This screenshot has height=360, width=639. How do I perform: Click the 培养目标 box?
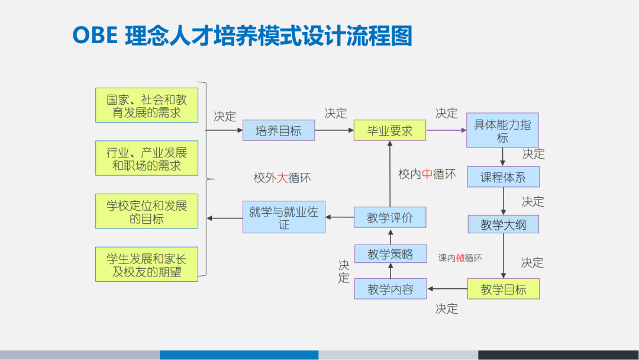click(x=279, y=130)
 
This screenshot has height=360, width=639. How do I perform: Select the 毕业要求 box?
click(x=389, y=130)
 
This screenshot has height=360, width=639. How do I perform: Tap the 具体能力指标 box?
click(x=502, y=130)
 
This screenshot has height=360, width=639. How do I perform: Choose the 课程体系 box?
click(x=502, y=177)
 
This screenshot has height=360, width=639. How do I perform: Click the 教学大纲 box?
click(x=502, y=224)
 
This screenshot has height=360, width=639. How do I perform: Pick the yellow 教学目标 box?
click(x=503, y=289)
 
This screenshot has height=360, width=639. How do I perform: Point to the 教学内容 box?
click(x=390, y=289)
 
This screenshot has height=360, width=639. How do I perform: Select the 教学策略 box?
click(x=390, y=254)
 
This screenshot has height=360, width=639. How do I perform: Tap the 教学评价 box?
click(x=390, y=217)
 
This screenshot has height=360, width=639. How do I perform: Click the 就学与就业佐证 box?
click(x=284, y=217)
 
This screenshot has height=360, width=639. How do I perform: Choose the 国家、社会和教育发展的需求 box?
click(x=147, y=105)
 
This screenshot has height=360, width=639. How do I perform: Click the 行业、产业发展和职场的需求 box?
click(x=147, y=158)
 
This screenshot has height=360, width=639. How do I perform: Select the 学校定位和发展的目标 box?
click(x=147, y=211)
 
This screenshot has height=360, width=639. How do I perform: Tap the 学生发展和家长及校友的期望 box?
click(x=147, y=265)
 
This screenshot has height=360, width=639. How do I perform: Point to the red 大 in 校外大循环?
click(x=282, y=178)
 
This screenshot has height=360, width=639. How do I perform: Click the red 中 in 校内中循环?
click(x=427, y=174)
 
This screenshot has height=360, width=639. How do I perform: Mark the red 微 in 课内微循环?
click(x=460, y=258)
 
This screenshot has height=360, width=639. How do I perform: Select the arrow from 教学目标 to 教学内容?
click(x=447, y=289)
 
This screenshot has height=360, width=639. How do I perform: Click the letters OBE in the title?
click(x=95, y=36)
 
